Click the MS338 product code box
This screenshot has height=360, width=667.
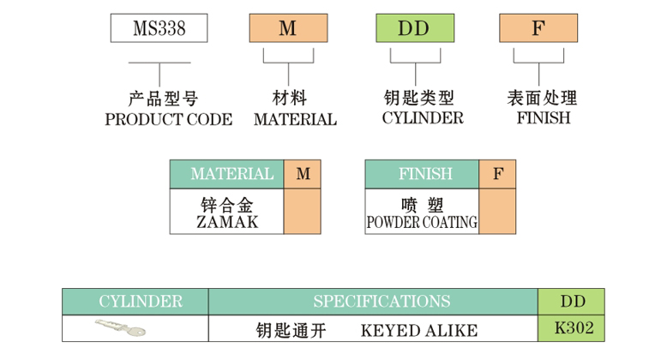click(x=159, y=28)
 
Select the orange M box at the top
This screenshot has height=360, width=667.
click(x=287, y=28)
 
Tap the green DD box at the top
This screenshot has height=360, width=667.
click(x=413, y=28)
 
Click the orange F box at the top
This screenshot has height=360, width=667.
click(x=538, y=28)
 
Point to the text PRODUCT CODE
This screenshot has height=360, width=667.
click(x=168, y=120)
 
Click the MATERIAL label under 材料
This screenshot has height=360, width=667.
click(x=295, y=120)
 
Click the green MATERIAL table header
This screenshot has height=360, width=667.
click(x=226, y=174)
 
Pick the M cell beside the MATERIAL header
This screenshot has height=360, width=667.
click(x=303, y=174)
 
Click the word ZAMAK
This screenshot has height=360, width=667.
click(x=227, y=223)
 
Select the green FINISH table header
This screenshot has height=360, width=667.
click(x=422, y=174)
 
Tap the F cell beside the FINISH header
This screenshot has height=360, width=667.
click(x=497, y=174)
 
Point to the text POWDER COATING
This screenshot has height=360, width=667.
click(x=422, y=223)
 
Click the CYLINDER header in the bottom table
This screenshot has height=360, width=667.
click(x=135, y=302)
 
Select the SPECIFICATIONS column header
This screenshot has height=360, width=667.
click(x=373, y=302)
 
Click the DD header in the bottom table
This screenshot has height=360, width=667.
click(x=572, y=302)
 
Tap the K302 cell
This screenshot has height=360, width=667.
click(x=572, y=327)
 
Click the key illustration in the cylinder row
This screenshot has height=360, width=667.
click(x=120, y=327)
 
